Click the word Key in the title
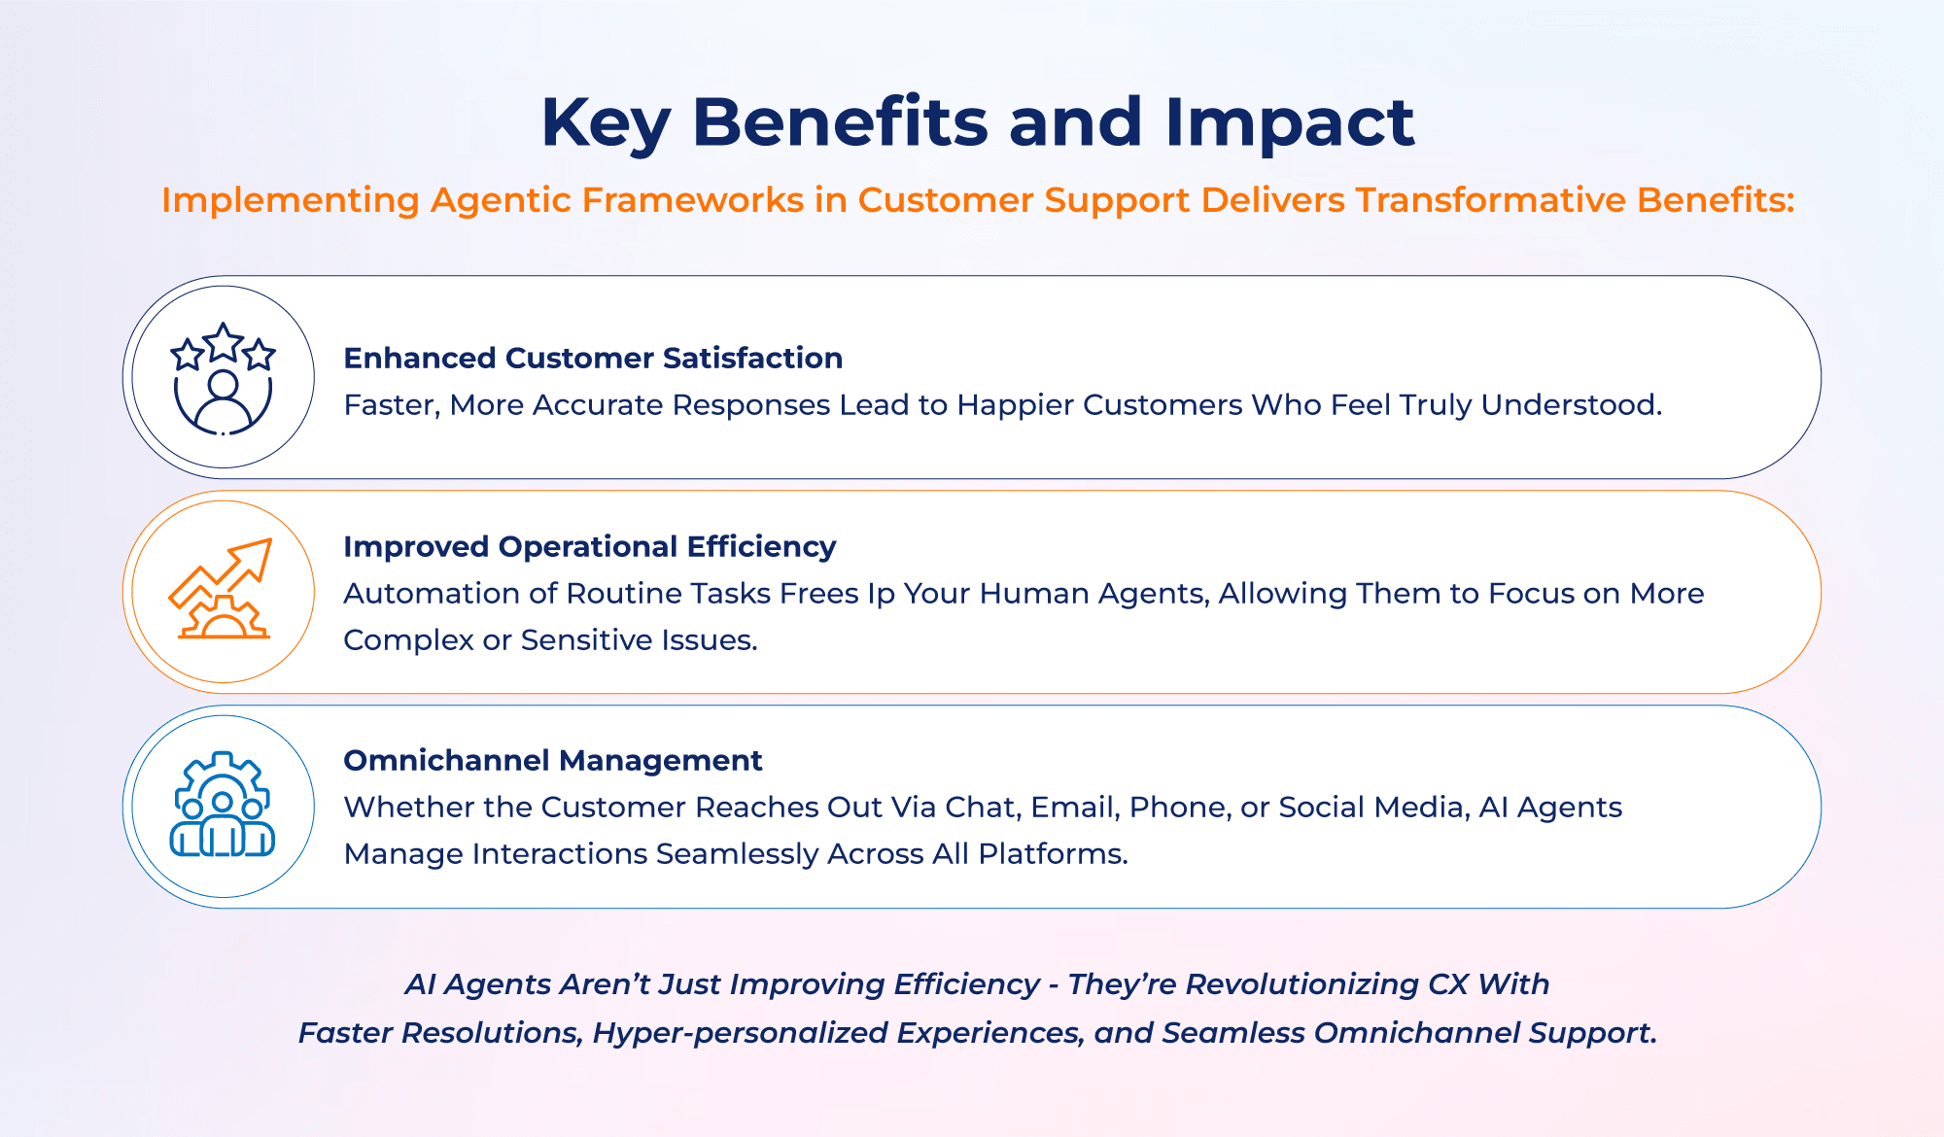(x=605, y=122)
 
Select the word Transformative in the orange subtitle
(x=1490, y=199)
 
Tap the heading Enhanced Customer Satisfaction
(x=593, y=358)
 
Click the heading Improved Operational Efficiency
(x=589, y=546)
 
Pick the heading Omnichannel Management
(x=552, y=760)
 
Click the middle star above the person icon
(x=224, y=342)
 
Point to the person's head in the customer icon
(x=223, y=385)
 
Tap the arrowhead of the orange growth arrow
(x=256, y=555)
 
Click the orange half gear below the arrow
(x=224, y=619)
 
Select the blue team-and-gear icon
(x=223, y=805)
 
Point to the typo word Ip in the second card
(x=881, y=594)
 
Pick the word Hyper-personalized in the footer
(x=740, y=1033)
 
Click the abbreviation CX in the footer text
(x=1447, y=984)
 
